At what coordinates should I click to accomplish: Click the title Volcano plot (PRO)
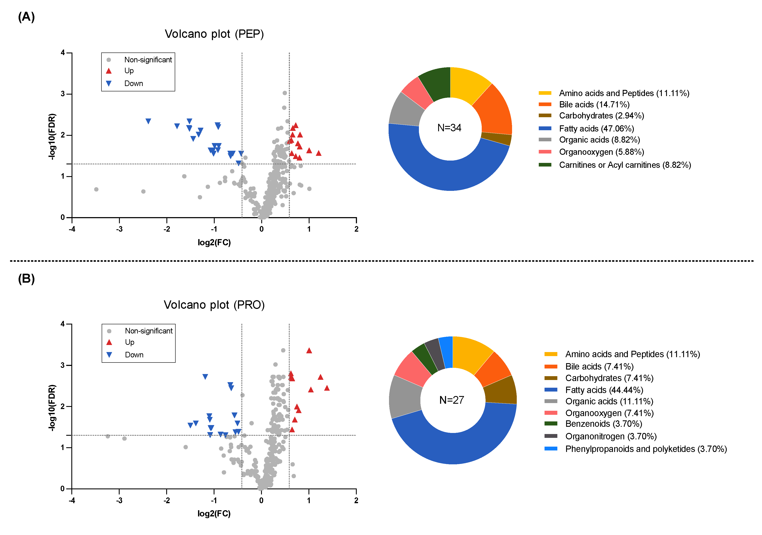tap(214, 305)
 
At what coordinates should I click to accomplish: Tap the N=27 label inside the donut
tap(451, 400)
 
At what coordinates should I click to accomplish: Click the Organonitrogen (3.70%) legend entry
tap(611, 436)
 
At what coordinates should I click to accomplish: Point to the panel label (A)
tap(26, 17)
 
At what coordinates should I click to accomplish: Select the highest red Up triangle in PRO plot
tap(309, 351)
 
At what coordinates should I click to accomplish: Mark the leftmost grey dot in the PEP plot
tap(96, 189)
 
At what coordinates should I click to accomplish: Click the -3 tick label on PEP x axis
tap(119, 229)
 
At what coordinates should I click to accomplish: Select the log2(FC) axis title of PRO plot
tap(214, 513)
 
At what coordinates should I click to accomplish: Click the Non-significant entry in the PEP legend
tap(148, 60)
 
